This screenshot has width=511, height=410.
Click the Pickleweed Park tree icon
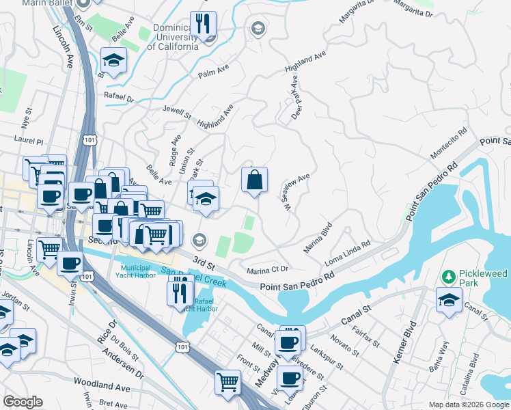point(449,277)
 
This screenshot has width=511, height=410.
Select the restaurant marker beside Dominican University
point(203,25)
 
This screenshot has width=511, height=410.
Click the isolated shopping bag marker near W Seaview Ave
point(254,181)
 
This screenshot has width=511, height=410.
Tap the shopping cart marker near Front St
point(227,383)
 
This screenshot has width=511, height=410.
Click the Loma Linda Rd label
point(347,254)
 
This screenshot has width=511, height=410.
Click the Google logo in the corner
point(23,402)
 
